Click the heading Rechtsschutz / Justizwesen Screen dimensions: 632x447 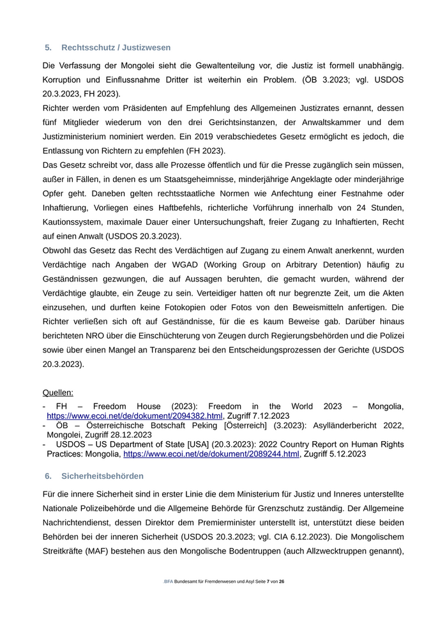point(116,47)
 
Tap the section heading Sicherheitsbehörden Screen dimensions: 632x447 point(102,476)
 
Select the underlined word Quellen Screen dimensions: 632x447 point(57,392)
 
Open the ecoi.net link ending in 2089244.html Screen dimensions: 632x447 point(211,454)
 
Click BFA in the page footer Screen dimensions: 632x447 point(169,599)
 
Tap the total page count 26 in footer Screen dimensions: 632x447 point(282,599)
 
